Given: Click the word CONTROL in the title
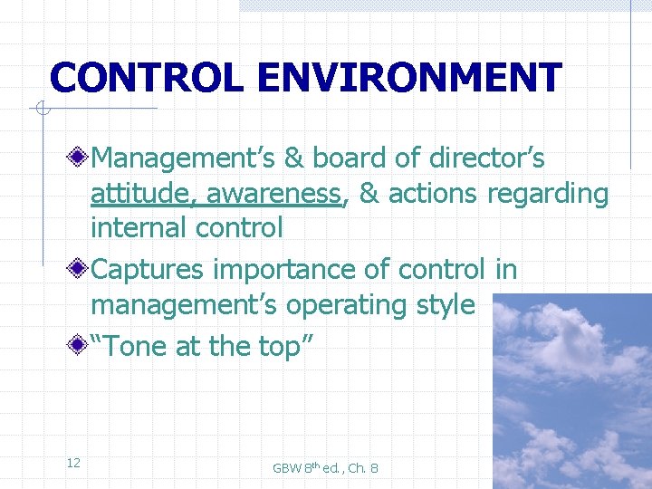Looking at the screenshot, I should (146, 78).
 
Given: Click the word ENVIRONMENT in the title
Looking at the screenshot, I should (408, 78).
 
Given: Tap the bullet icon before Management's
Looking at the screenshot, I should (81, 158).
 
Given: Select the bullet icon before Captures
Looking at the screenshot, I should (81, 270).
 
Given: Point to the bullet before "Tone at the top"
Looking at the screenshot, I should (81, 346).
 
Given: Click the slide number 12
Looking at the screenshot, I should (73, 464).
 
